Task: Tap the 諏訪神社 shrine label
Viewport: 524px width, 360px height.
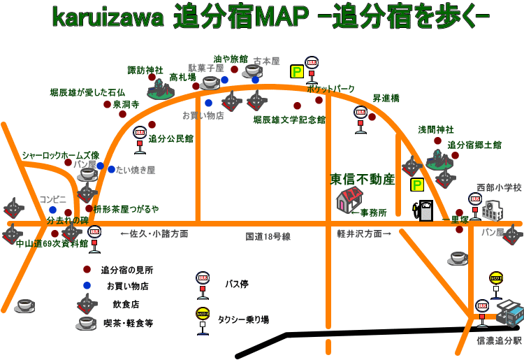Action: (x=145, y=71)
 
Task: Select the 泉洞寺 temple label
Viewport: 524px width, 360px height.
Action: (x=126, y=104)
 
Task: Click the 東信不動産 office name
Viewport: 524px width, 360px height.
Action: (x=363, y=180)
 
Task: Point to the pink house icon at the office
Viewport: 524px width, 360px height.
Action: (x=349, y=201)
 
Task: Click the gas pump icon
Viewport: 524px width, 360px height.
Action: (x=423, y=210)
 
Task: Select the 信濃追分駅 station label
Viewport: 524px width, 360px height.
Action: (x=499, y=341)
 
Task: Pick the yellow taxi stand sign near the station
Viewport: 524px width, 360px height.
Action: (x=496, y=278)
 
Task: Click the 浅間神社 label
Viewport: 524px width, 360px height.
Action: (x=436, y=130)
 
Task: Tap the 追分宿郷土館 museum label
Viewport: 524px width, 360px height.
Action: (x=474, y=145)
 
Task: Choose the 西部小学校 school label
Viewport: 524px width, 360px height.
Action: (x=499, y=187)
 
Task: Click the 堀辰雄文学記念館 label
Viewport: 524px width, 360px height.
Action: (x=289, y=120)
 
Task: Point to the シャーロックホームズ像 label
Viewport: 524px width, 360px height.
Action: (x=61, y=155)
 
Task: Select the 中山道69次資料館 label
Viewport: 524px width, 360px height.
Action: (x=52, y=244)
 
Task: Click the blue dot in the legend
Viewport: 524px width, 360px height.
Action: (x=86, y=285)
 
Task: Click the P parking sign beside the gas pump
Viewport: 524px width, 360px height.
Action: (x=417, y=185)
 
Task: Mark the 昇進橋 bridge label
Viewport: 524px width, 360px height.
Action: (x=386, y=99)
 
